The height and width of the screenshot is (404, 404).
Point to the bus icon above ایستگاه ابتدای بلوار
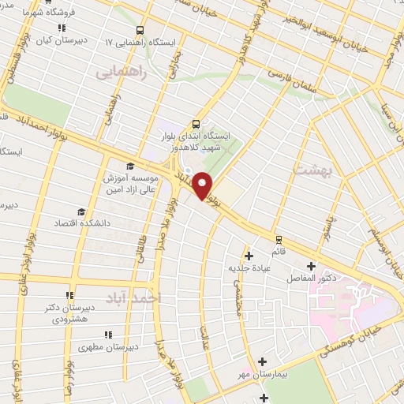coord(196,124)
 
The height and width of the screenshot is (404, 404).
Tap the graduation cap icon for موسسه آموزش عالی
coord(129,166)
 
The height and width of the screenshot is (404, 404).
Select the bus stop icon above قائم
coord(278,239)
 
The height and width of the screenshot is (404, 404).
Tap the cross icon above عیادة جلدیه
coord(249,255)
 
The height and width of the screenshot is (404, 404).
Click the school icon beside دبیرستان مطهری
coord(80,345)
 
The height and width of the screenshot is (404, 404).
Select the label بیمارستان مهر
coord(264,374)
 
